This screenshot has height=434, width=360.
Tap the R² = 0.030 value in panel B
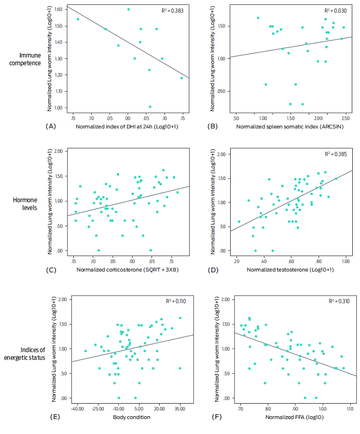click(x=333, y=11)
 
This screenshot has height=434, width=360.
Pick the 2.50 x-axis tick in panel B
click(x=344, y=118)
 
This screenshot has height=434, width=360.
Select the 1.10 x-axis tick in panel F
click(x=348, y=408)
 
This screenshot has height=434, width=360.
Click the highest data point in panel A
click(x=128, y=9)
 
